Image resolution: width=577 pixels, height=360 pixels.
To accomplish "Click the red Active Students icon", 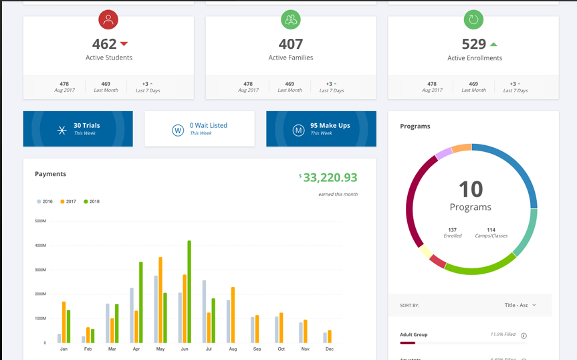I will [108, 20].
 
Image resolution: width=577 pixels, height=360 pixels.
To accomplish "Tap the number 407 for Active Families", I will [291, 44].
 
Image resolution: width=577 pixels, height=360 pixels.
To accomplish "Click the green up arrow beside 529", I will [493, 44].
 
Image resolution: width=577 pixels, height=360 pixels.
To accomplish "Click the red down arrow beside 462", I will [124, 44].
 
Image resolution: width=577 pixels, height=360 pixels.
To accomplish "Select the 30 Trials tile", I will [78, 128].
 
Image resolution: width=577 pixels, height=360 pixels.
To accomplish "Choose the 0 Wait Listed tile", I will [199, 128].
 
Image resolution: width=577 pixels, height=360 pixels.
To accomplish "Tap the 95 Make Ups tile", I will [321, 128].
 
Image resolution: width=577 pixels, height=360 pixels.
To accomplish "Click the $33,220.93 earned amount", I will [330, 177].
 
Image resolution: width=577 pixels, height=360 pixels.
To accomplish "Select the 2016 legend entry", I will [45, 201].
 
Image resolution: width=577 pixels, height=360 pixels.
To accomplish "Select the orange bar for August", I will [233, 314].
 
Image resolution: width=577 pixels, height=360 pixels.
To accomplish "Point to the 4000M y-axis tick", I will [40, 246].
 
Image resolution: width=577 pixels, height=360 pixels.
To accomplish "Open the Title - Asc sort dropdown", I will [520, 305].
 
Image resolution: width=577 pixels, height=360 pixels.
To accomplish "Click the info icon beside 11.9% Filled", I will [524, 336].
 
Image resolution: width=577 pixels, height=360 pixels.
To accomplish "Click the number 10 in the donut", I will [471, 189].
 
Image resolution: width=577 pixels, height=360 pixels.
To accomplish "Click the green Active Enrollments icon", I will [473, 20].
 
